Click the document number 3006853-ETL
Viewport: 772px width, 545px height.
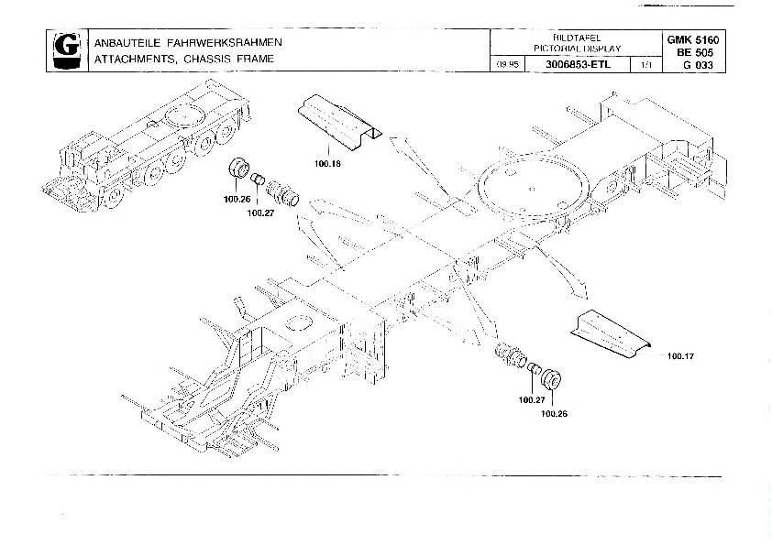pyautogui.click(x=571, y=64)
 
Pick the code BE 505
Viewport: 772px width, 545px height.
pyautogui.click(x=694, y=52)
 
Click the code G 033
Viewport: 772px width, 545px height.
pyautogui.click(x=694, y=65)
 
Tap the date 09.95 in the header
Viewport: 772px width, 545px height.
pyautogui.click(x=506, y=64)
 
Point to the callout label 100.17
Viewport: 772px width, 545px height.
pyautogui.click(x=680, y=355)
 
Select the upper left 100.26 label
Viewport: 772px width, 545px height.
pyautogui.click(x=237, y=199)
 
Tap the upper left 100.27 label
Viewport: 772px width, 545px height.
pyautogui.click(x=260, y=214)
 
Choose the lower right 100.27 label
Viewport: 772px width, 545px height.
pyautogui.click(x=531, y=399)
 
